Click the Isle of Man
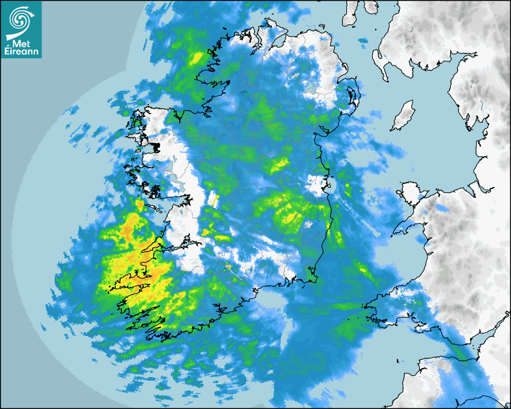pos(403,116)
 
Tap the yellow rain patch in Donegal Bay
pos(196,58)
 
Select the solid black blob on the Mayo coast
pos(156,146)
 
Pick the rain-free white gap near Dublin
pos(316,185)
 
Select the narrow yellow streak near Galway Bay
pos(213,199)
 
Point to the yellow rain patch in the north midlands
pos(280,163)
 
